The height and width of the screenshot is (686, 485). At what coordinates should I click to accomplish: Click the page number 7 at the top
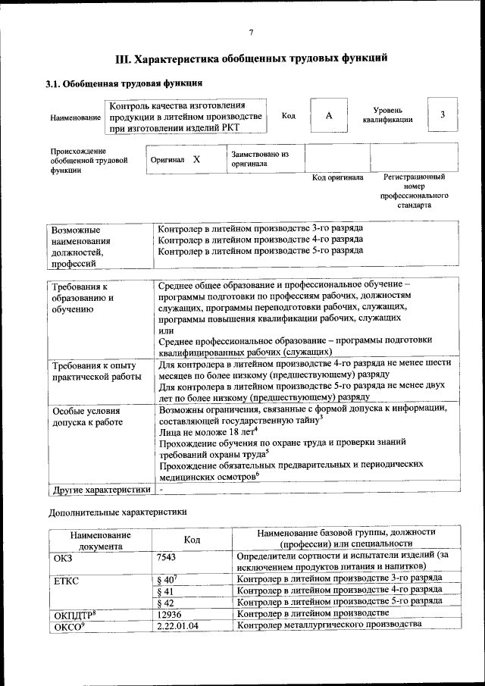(251, 32)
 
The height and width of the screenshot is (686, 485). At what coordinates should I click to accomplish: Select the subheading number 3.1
(54, 83)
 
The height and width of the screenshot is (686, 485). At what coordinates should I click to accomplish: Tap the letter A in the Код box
(328, 115)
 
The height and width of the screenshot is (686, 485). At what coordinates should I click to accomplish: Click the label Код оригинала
(337, 177)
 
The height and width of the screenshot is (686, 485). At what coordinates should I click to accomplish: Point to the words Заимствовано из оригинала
(260, 158)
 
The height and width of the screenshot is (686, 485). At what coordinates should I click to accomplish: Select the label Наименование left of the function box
(76, 117)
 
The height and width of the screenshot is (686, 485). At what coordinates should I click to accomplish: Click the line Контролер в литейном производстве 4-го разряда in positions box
(260, 239)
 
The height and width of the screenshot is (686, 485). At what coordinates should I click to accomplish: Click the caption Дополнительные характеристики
(117, 512)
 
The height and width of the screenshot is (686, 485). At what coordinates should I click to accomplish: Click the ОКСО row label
(67, 625)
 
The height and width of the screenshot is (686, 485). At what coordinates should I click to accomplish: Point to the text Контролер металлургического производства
(329, 625)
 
